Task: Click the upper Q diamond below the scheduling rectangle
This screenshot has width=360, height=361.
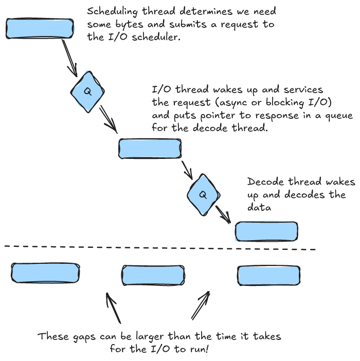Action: pos(87,92)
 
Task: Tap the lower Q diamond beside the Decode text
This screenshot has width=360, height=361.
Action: pos(203,194)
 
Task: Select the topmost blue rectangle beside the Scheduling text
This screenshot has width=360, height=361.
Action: pos(40,28)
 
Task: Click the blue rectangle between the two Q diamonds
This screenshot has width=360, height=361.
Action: pos(149,148)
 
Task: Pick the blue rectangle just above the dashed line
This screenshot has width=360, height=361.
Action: pos(266,231)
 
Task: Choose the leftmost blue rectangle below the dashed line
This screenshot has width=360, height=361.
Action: pos(45,273)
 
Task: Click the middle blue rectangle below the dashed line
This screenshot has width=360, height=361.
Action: pos(153,275)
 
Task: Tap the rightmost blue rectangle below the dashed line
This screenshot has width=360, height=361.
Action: pos(268,275)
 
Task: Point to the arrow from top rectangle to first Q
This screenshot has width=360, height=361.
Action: pos(70,56)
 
